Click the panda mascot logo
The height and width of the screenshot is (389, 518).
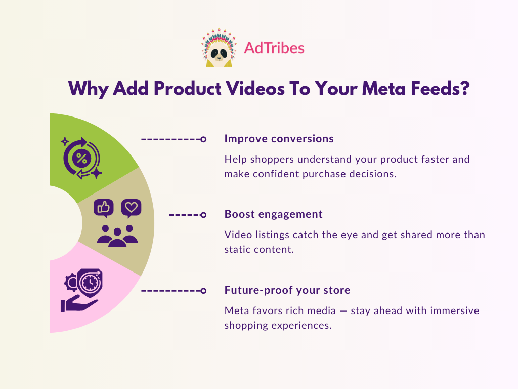click(219, 48)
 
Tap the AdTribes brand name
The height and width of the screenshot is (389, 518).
click(274, 48)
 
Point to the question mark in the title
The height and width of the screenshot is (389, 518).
click(464, 88)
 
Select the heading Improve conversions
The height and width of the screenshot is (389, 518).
click(279, 139)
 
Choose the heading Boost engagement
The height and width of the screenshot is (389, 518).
click(273, 214)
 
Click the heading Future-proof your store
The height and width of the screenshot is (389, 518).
click(287, 290)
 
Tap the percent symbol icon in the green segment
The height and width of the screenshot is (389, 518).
click(81, 159)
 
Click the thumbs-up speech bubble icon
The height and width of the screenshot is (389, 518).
click(104, 208)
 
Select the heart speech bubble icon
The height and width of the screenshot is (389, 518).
click(131, 208)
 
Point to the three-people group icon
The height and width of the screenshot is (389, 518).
click(117, 236)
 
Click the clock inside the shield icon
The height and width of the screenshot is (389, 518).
click(90, 283)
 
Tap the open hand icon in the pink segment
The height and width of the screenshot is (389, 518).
click(78, 303)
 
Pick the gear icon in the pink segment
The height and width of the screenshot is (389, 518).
click(71, 283)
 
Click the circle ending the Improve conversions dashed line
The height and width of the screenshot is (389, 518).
click(203, 139)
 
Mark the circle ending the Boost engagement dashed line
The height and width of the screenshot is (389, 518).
click(203, 215)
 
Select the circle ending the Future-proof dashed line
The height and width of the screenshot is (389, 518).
click(203, 291)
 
